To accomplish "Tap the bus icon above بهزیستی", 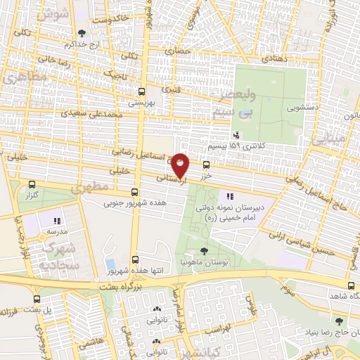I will (142, 91).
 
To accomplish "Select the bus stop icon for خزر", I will (206, 165).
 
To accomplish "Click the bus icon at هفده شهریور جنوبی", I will (134, 192).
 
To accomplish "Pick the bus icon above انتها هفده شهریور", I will (134, 259).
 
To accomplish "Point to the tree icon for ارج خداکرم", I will (83, 32).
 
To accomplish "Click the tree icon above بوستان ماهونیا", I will (204, 250).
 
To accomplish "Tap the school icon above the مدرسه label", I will (57, 220).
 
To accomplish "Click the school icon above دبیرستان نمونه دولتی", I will (229, 196).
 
